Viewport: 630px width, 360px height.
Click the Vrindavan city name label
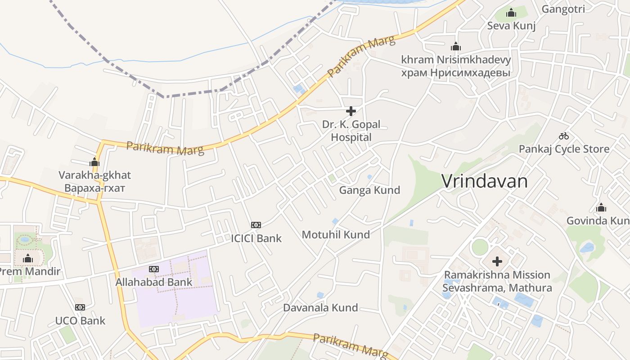coord(484,181)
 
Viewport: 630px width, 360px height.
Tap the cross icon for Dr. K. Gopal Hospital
coord(351,111)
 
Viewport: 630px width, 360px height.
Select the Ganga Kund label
coord(369,190)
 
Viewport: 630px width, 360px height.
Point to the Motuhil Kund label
coord(336,234)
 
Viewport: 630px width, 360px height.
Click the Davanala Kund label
coord(320,308)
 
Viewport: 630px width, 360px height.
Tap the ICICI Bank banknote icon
coord(256,225)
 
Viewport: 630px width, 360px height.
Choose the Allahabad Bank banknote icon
coord(154,269)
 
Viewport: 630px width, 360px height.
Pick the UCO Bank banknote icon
coord(80,307)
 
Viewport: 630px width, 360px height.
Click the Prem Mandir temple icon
coord(28,258)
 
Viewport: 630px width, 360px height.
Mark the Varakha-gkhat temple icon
coord(94,162)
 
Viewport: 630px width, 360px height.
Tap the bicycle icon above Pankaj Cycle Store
coord(564,136)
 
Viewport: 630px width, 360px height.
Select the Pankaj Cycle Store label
coord(564,149)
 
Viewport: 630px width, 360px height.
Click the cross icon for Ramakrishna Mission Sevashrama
coord(497,261)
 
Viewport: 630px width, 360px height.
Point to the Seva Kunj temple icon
coord(511,13)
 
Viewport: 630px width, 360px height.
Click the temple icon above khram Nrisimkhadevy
coord(456,46)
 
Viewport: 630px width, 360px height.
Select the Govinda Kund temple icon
coord(601,207)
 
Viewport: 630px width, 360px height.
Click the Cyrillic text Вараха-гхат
coord(94,188)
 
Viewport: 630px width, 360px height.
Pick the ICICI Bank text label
coord(256,238)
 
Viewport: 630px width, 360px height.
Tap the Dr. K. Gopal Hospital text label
coord(351,130)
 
